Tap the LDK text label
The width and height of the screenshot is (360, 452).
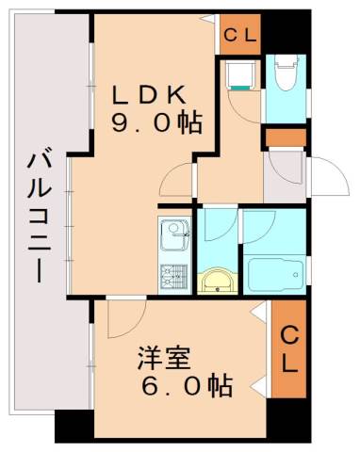click(152, 95)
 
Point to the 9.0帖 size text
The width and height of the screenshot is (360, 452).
click(157, 123)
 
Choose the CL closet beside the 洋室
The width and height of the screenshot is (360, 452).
click(289, 348)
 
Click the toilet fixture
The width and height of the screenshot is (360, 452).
click(284, 73)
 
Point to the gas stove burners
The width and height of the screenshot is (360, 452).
click(173, 275)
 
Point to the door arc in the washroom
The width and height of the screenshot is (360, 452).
click(214, 227)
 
